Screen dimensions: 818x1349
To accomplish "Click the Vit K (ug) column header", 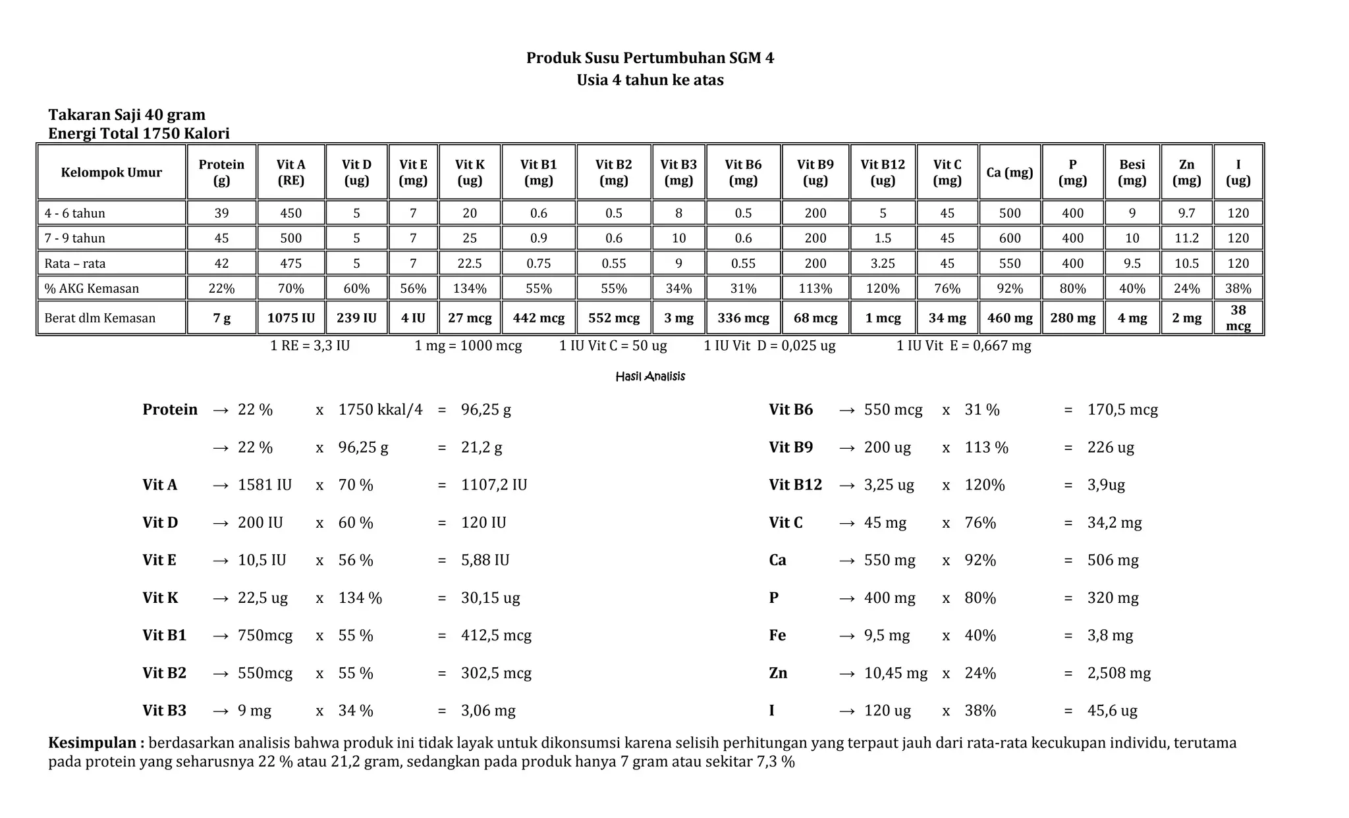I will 470,172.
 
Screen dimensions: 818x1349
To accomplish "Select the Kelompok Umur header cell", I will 111,172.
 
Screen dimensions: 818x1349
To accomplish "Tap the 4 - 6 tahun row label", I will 74,213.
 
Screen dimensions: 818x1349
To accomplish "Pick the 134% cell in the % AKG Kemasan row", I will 470,288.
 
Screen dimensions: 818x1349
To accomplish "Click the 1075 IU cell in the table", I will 290,318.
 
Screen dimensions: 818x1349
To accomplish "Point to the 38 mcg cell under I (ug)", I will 1238,318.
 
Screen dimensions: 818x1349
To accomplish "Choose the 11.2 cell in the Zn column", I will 1186,238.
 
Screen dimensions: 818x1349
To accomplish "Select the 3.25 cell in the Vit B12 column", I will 883,263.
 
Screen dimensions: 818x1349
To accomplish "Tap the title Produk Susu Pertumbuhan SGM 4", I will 649,58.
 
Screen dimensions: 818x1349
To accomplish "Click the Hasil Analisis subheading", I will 649,376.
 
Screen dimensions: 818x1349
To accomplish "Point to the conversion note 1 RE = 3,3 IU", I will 310,345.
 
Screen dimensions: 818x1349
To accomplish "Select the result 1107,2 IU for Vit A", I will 493,485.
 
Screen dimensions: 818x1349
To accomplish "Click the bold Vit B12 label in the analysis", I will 795,485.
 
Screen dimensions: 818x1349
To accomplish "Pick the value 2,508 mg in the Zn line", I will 1118,673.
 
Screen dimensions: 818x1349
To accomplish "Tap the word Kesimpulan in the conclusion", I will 96,743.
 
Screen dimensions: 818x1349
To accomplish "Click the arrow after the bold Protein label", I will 221,410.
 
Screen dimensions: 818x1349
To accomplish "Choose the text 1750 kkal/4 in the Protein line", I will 380,410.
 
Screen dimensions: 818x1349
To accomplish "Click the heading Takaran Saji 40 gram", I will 126,115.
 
